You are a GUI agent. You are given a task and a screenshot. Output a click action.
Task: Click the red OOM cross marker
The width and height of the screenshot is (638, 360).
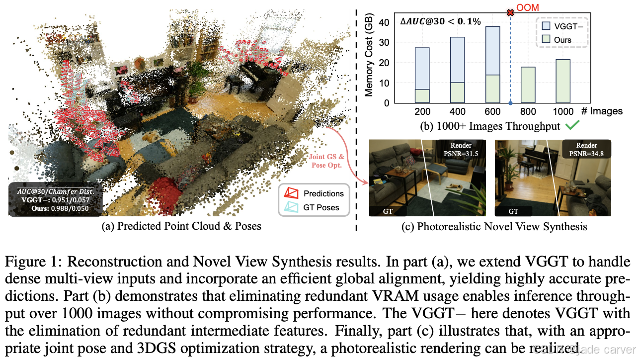[510, 12]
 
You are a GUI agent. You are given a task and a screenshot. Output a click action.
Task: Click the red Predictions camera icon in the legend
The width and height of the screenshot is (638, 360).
[290, 193]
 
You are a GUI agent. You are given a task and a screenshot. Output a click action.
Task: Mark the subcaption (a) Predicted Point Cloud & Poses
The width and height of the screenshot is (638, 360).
[181, 227]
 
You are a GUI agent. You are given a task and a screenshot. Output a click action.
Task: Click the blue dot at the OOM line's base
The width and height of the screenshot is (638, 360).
[510, 103]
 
